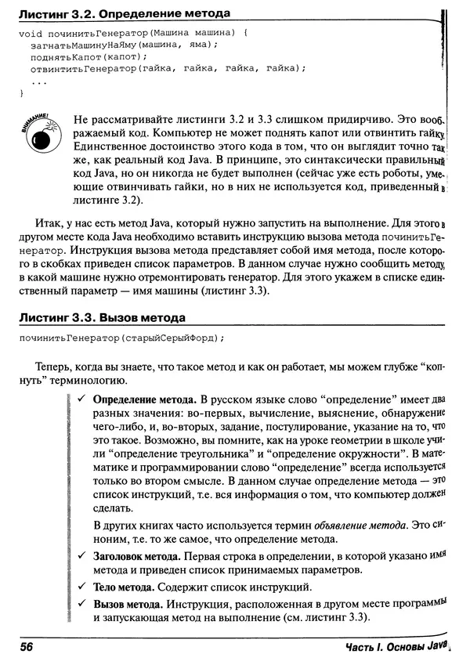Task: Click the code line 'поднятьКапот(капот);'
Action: click(87, 57)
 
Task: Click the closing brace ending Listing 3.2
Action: click(22, 94)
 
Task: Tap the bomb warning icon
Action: click(38, 132)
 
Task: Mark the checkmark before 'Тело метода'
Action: click(82, 587)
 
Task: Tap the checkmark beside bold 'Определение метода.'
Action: click(82, 399)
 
